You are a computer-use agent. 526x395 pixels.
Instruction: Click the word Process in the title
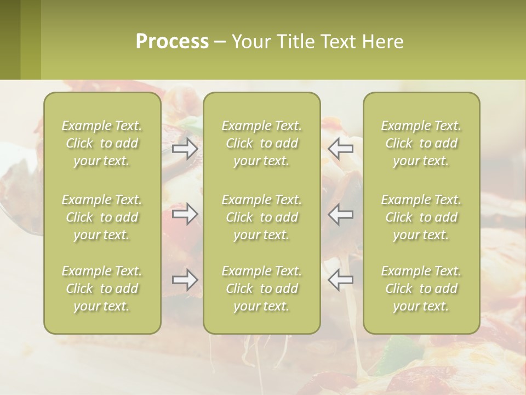click(172, 42)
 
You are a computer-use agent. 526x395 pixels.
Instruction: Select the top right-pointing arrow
click(185, 148)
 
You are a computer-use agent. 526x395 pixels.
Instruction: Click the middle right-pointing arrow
click(185, 213)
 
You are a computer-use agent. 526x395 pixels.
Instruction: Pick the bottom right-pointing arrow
click(185, 280)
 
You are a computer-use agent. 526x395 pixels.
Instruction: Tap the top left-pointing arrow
click(340, 148)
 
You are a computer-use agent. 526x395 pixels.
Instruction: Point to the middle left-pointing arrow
click(340, 213)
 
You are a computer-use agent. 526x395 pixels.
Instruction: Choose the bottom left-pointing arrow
click(340, 280)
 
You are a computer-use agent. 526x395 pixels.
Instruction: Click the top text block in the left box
click(102, 143)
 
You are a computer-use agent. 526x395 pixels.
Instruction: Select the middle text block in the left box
click(102, 217)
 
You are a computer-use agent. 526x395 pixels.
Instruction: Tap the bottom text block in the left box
click(102, 289)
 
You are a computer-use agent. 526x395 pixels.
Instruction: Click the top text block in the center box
click(262, 143)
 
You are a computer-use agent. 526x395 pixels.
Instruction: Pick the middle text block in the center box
click(262, 217)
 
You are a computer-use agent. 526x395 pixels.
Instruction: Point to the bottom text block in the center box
click(262, 289)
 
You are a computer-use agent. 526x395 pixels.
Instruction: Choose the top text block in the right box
click(421, 143)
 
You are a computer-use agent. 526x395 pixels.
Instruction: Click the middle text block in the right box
click(421, 217)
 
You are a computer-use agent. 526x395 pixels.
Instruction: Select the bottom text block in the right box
click(421, 289)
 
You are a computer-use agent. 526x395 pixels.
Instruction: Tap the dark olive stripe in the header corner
click(10, 39)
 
